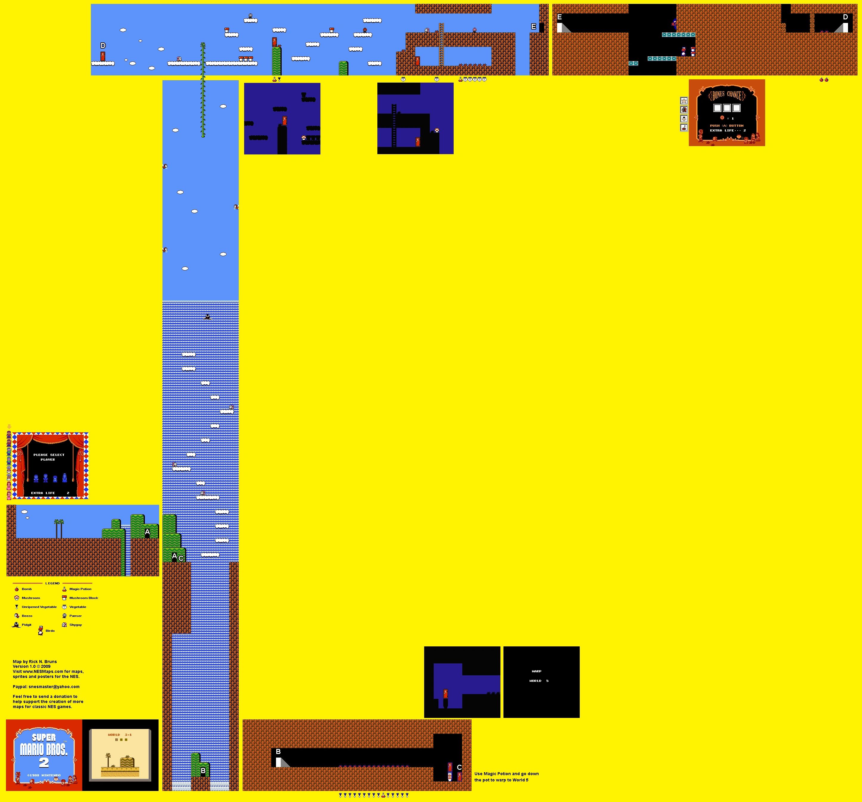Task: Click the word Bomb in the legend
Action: click(x=27, y=589)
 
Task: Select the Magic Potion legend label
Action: click(x=80, y=589)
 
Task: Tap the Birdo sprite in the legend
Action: click(x=41, y=630)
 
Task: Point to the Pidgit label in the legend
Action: click(x=27, y=625)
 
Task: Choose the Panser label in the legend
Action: click(x=75, y=616)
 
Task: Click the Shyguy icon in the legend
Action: click(x=65, y=625)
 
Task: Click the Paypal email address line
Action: click(x=46, y=687)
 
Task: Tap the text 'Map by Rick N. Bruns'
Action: click(x=35, y=662)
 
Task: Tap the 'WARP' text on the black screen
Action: click(x=536, y=671)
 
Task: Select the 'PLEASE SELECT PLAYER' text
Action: click(x=49, y=457)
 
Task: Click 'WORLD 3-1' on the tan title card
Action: click(x=120, y=735)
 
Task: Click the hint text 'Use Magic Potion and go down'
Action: click(x=506, y=773)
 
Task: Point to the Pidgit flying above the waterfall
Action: click(x=208, y=317)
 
